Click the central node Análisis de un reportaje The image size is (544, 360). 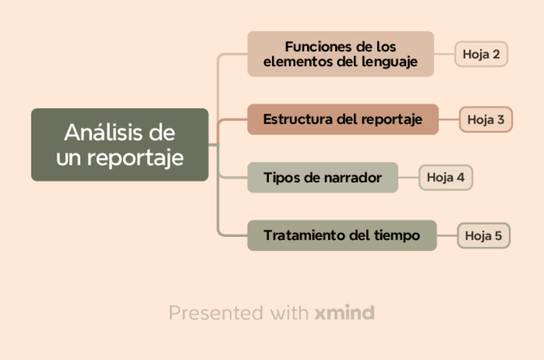tap(119, 144)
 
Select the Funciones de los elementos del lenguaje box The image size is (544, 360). tap(341, 54)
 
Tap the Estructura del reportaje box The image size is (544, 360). tap(343, 119)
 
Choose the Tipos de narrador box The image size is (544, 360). tap(323, 178)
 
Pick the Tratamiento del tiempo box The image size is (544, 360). tap(341, 236)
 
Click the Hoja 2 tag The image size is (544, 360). tap(481, 54)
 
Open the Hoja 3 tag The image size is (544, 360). tap(486, 119)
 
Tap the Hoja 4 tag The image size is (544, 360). tap(445, 178)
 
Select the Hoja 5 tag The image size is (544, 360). tap(484, 236)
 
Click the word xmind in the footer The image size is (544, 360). tap(344, 313)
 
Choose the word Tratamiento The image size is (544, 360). tap(303, 236)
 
